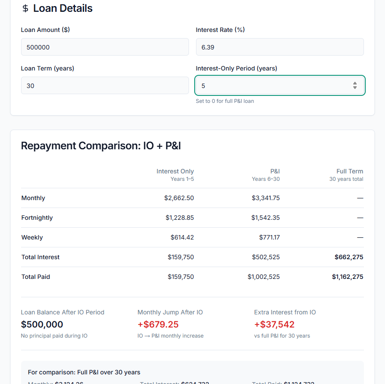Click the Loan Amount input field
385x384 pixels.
pos(105,47)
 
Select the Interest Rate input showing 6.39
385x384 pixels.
pos(279,47)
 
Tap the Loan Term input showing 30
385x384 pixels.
pos(105,85)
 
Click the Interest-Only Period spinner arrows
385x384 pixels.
pos(355,86)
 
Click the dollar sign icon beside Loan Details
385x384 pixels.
pos(25,8)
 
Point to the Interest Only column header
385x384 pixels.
pos(175,172)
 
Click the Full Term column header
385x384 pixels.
pos(349,172)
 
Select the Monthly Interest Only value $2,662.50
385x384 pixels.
pos(179,198)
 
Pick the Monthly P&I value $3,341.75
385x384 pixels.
pos(266,198)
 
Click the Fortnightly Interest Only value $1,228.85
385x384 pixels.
pos(180,218)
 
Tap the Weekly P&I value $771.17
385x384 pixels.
pos(269,237)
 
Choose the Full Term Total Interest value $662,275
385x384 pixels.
pos(349,257)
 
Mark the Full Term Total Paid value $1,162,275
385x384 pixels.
pos(347,277)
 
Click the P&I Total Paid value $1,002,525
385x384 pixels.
pos(264,277)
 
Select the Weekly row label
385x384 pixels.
pos(32,237)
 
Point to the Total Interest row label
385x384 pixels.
pos(40,257)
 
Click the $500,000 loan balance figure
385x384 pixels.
pos(42,324)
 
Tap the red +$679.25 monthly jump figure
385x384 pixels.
pos(158,324)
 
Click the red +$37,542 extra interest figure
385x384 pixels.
pos(274,324)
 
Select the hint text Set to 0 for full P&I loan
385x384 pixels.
pos(225,101)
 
